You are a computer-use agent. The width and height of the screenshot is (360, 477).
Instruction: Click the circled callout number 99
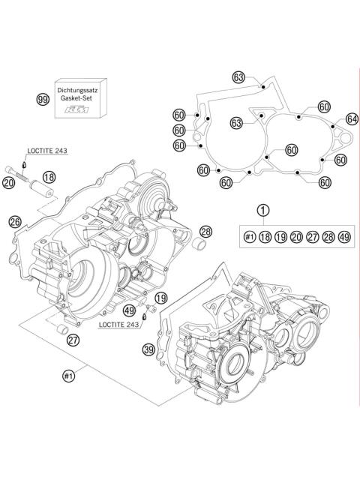(43, 98)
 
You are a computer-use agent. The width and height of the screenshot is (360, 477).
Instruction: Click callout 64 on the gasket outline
(352, 119)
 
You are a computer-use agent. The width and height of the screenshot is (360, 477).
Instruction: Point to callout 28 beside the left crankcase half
(206, 231)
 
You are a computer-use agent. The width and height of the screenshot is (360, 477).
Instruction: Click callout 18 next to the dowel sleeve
(49, 176)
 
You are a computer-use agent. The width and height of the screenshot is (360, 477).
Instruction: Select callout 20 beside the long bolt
(9, 182)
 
